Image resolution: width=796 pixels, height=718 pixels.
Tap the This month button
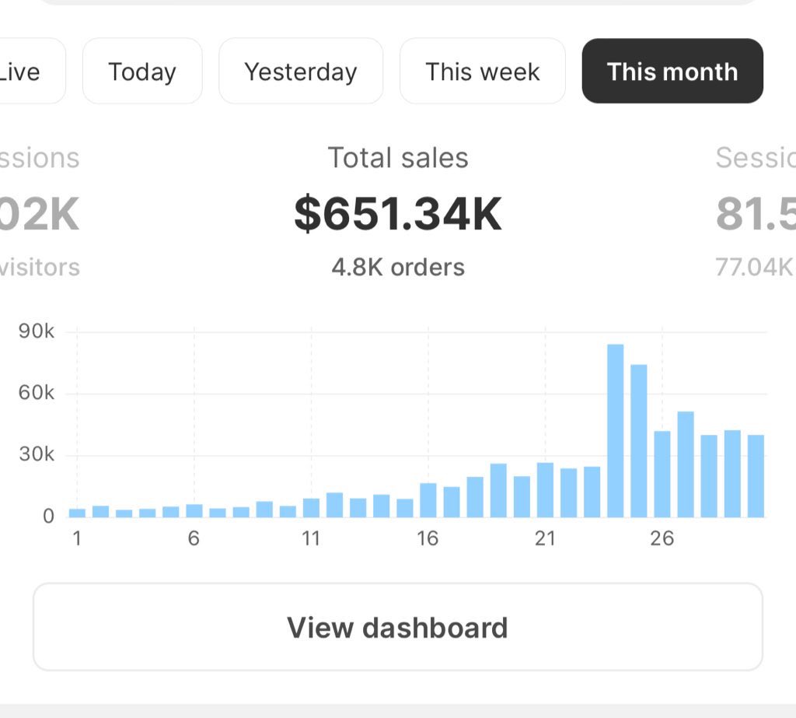[672, 72]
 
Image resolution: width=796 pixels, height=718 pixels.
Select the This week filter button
[483, 72]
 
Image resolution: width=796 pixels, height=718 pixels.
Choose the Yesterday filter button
[301, 72]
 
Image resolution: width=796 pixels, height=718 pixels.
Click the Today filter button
[142, 72]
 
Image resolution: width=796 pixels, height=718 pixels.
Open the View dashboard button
[397, 627]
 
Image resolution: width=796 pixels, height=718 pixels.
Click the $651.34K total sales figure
[398, 214]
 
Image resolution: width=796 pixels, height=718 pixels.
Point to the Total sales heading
[398, 158]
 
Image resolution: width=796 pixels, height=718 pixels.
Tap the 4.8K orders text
[398, 268]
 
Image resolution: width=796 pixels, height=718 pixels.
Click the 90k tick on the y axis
[37, 332]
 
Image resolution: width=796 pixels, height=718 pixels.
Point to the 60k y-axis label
[37, 394]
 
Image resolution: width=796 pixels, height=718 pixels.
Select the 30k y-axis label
[37, 455]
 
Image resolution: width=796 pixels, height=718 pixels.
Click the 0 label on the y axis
[48, 517]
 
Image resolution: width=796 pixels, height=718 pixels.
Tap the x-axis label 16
[428, 538]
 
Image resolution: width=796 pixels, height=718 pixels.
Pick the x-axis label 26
[662, 538]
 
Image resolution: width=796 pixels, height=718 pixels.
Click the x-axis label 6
[194, 538]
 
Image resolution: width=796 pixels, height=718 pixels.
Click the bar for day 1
[77, 513]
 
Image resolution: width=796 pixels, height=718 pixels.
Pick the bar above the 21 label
[545, 490]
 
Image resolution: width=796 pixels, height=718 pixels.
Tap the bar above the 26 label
[662, 474]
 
